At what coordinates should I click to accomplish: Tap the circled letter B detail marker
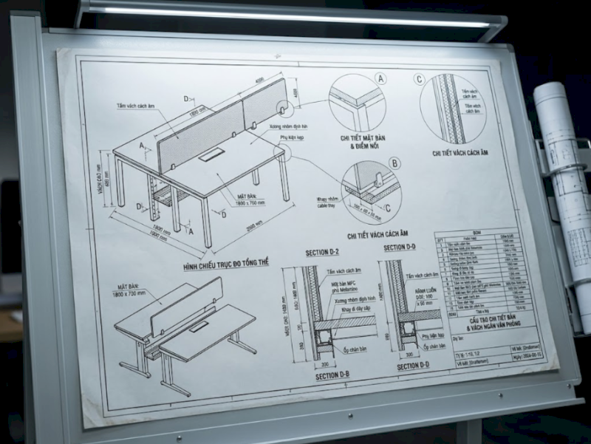(394, 163)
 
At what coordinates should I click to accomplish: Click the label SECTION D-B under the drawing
(332, 376)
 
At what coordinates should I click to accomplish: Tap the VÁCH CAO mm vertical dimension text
(103, 180)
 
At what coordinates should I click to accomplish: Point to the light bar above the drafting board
(295, 16)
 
